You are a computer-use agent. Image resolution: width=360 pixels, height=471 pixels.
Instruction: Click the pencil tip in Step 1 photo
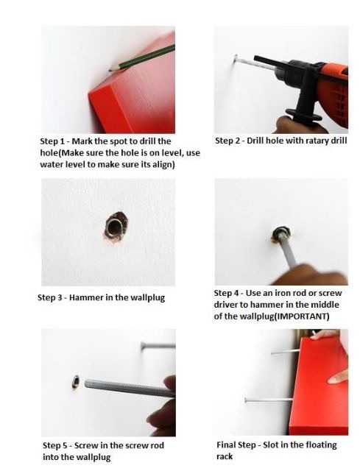click(110, 70)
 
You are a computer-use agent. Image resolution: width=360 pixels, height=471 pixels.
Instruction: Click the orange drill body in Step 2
click(332, 90)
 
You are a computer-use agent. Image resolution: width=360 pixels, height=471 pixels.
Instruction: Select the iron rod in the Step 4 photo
click(286, 248)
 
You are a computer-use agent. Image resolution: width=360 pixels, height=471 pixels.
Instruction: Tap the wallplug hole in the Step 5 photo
click(75, 383)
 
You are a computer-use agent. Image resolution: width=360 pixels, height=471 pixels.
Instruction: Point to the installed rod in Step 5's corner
click(158, 346)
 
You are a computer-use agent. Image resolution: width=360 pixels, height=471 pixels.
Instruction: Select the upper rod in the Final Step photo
click(286, 352)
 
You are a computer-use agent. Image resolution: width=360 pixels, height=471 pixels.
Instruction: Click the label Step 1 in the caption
click(52, 141)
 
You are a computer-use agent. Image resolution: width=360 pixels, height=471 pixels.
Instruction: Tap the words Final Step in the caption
click(236, 445)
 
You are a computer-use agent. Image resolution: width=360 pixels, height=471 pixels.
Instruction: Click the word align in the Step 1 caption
click(163, 165)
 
